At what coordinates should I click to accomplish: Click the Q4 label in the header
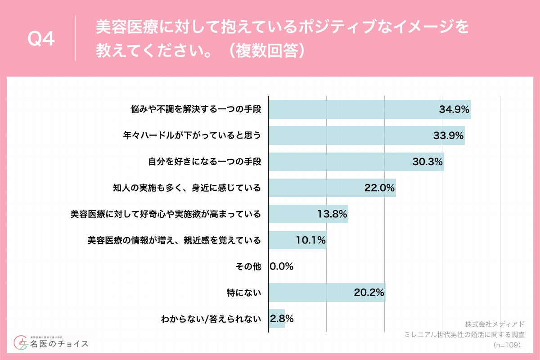pyautogui.click(x=41, y=40)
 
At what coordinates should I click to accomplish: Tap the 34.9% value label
pyautogui.click(x=454, y=109)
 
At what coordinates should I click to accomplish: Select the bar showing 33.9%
pyautogui.click(x=366, y=135)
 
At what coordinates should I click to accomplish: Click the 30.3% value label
pyautogui.click(x=428, y=162)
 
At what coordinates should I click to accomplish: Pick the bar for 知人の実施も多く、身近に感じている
pyautogui.click(x=332, y=188)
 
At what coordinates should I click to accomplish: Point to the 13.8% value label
pyautogui.click(x=332, y=214)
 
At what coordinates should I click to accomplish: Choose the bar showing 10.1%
pyautogui.click(x=297, y=240)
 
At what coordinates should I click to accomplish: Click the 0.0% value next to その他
pyautogui.click(x=282, y=266)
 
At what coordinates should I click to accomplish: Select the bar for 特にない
pyautogui.click(x=327, y=292)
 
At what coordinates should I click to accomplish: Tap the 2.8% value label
pyautogui.click(x=282, y=319)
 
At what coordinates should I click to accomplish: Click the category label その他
pyautogui.click(x=248, y=266)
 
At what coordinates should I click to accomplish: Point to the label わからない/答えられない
pyautogui.click(x=211, y=319)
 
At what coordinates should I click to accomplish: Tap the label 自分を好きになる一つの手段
pyautogui.click(x=205, y=162)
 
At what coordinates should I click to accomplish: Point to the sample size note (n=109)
pyautogui.click(x=507, y=345)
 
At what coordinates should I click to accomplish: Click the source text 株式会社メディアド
pyautogui.click(x=495, y=324)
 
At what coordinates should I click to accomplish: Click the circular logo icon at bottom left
pyautogui.click(x=21, y=343)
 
